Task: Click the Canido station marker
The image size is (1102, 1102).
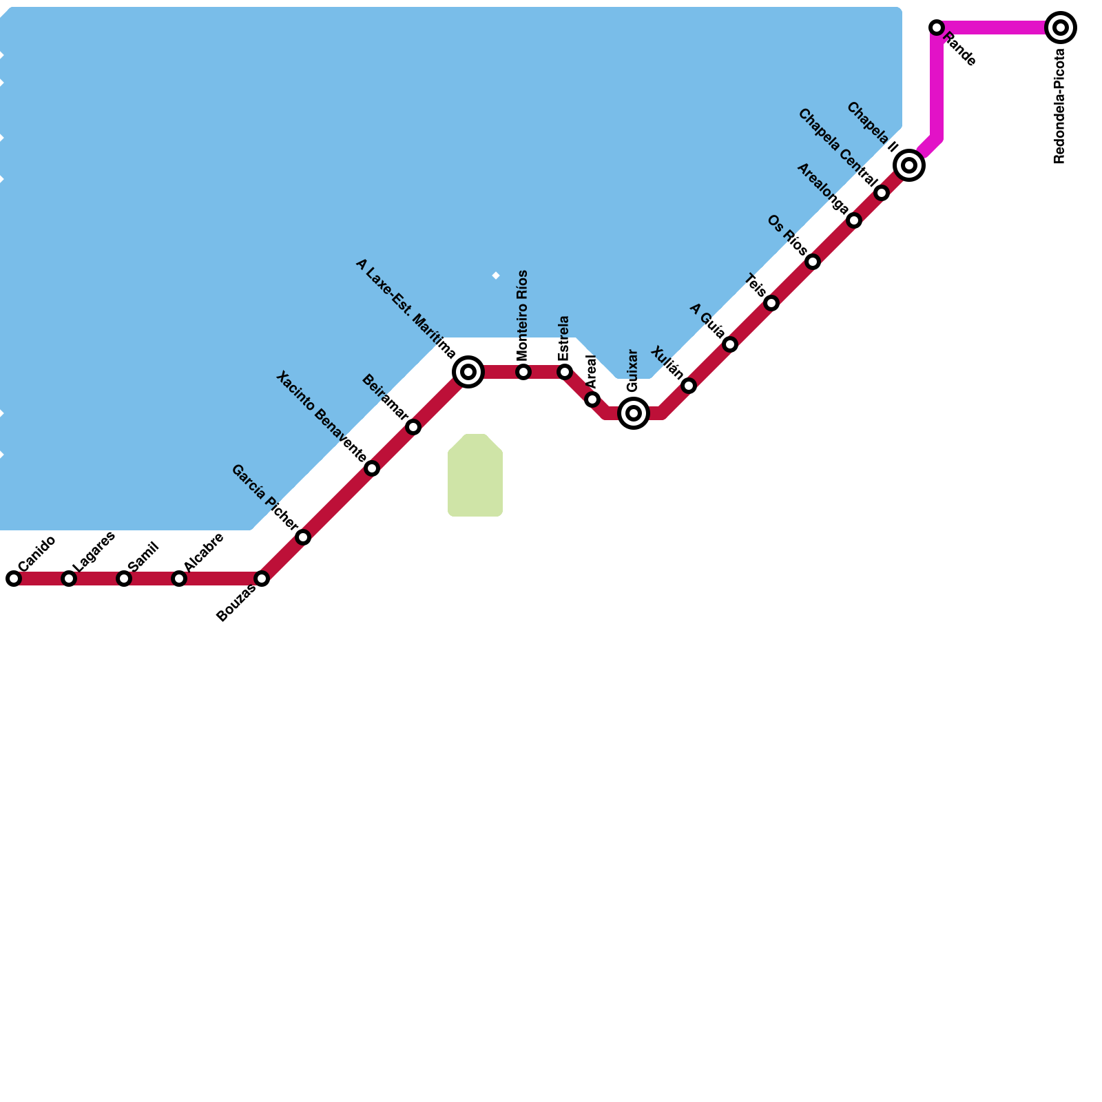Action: coord(14,579)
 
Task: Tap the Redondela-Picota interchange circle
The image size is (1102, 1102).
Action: coord(1061,28)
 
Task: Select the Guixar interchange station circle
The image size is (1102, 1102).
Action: coord(634,413)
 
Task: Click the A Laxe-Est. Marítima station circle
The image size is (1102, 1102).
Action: coord(468,372)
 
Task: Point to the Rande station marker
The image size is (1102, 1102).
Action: coord(937,28)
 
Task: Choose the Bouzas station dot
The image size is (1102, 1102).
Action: coord(262,579)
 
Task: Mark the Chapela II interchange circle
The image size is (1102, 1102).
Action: coord(909,165)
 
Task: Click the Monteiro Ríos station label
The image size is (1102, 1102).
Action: coord(522,315)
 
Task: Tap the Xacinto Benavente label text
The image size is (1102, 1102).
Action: coord(321,416)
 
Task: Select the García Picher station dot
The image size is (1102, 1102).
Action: coord(303,537)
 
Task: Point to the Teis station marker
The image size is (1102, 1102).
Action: coord(771,303)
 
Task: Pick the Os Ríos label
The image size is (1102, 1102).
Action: coord(787,235)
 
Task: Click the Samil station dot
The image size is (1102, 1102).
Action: coord(124,579)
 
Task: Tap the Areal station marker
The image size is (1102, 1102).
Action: coord(592,399)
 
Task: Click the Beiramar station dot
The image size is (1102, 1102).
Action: coord(413,427)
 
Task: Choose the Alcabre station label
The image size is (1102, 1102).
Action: coord(204,551)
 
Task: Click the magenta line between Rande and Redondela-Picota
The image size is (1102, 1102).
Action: coord(999,28)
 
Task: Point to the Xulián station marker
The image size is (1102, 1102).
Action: coord(689,386)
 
